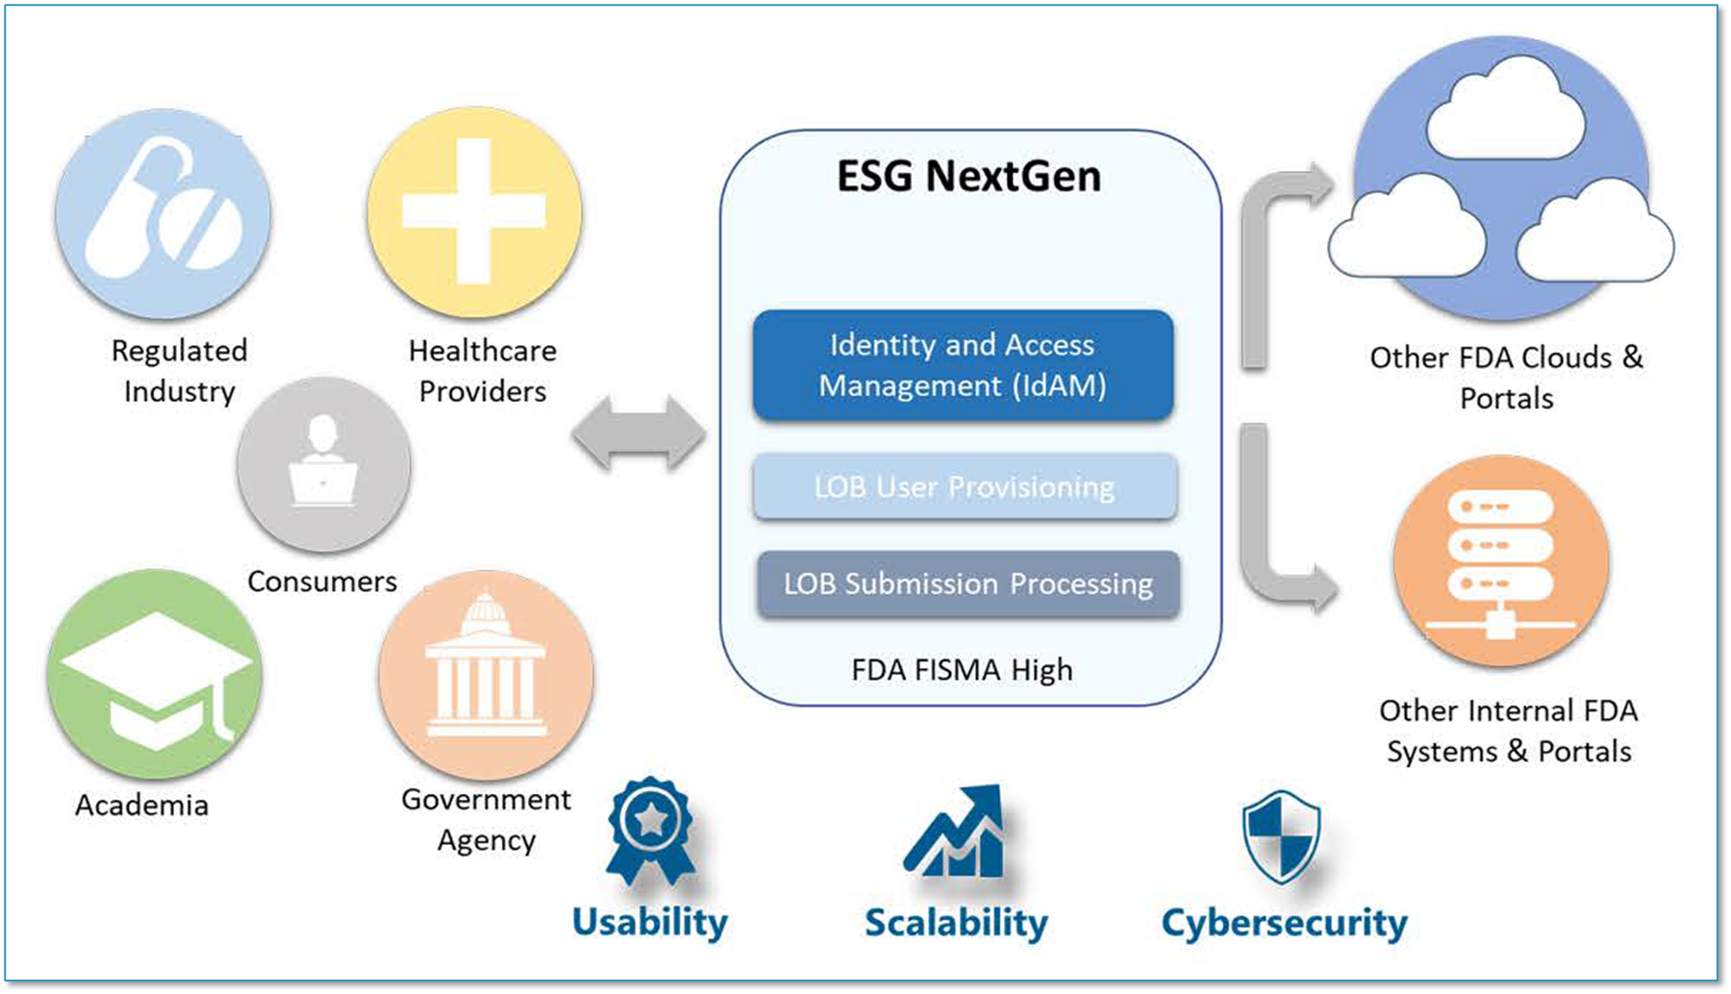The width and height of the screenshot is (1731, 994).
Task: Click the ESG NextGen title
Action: point(968,177)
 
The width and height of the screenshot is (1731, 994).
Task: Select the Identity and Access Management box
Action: point(963,365)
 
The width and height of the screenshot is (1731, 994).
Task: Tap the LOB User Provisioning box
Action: point(965,487)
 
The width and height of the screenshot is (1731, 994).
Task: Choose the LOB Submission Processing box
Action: point(967,584)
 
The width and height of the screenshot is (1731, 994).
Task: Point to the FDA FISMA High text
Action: point(962,670)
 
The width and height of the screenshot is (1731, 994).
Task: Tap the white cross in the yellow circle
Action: point(473,211)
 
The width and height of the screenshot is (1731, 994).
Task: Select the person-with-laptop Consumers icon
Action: point(323,463)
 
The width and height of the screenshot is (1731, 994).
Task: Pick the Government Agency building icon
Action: point(486,673)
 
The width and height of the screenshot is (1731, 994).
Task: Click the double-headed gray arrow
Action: point(639,434)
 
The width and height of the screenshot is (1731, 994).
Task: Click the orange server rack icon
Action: point(1500,562)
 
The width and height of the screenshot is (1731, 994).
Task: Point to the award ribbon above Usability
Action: point(650,830)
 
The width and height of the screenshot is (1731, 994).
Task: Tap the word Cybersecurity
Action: point(1284,923)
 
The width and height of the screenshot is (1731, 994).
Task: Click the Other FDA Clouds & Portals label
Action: point(1506,377)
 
